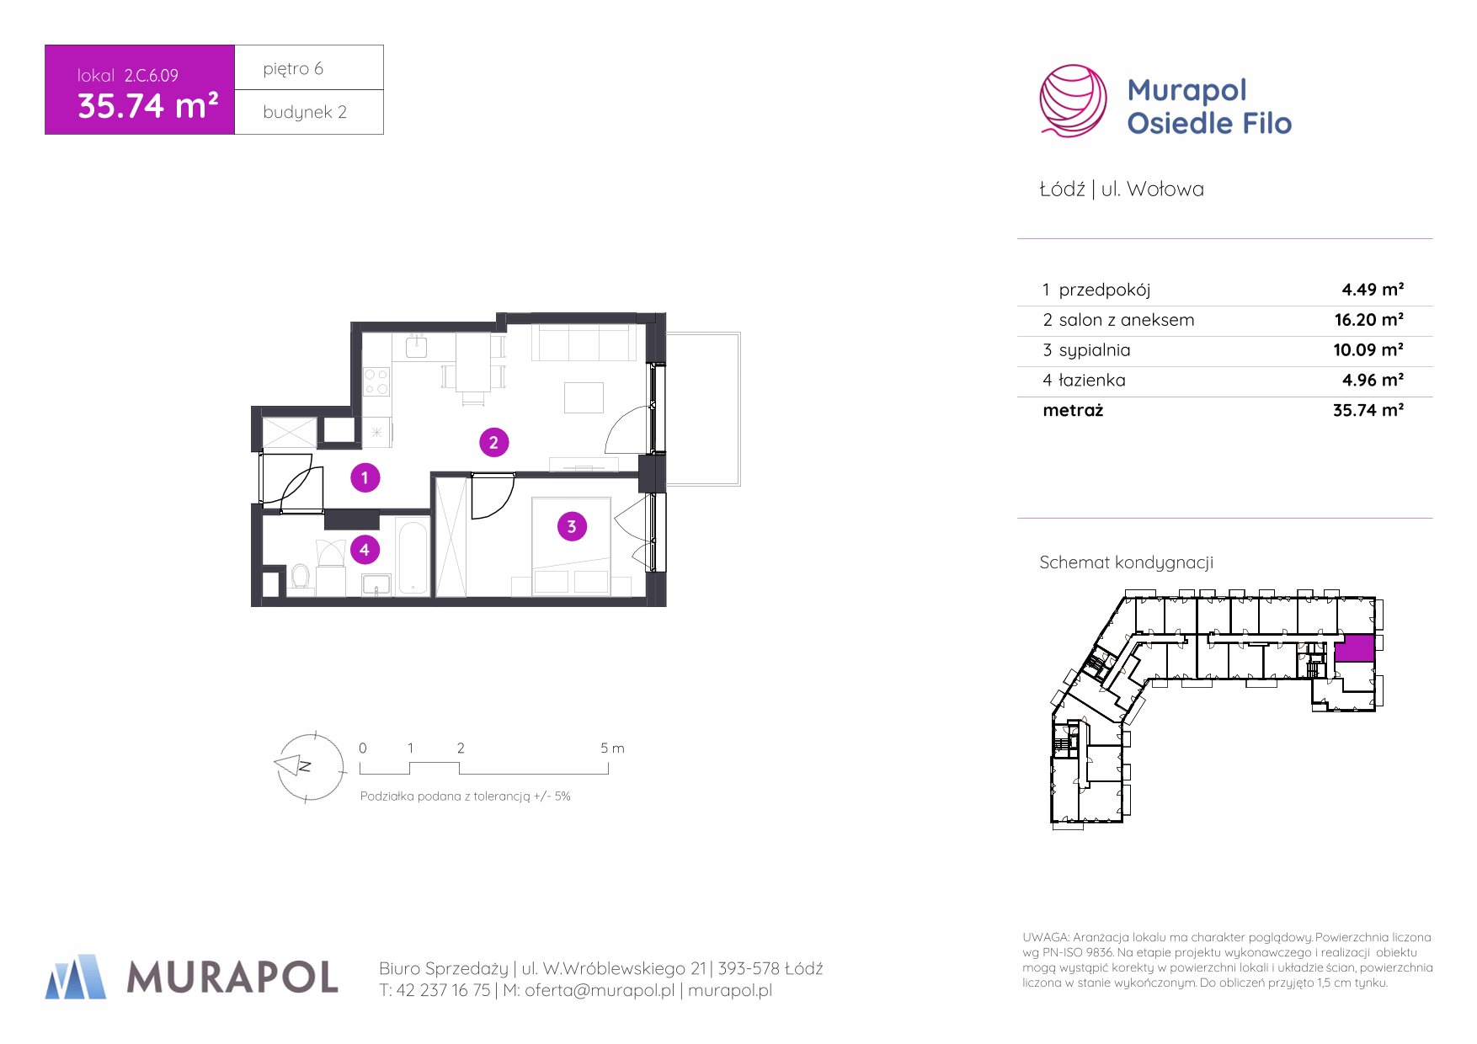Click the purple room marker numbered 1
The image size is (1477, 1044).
(365, 478)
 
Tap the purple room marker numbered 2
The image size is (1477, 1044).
(493, 442)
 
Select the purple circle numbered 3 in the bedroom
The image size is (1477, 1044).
(572, 527)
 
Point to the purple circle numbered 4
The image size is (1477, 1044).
(365, 551)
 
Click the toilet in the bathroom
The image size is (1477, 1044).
(301, 578)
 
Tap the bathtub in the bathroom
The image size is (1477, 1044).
(413, 557)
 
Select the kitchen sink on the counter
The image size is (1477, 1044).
(417, 346)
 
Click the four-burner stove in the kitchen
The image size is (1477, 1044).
(376, 381)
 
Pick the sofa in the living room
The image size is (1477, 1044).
(584, 344)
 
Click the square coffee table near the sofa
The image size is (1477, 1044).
(584, 397)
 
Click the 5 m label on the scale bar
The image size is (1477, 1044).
(612, 748)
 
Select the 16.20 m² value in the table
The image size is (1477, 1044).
(1368, 320)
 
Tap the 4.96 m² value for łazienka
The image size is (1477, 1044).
(1373, 381)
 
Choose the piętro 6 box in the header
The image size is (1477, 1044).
(309, 67)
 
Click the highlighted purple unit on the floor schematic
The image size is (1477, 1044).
(1354, 648)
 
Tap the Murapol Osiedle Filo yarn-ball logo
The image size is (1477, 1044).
(1073, 101)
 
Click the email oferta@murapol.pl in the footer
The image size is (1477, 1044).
(600, 991)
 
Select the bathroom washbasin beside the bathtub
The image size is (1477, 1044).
(376, 584)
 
